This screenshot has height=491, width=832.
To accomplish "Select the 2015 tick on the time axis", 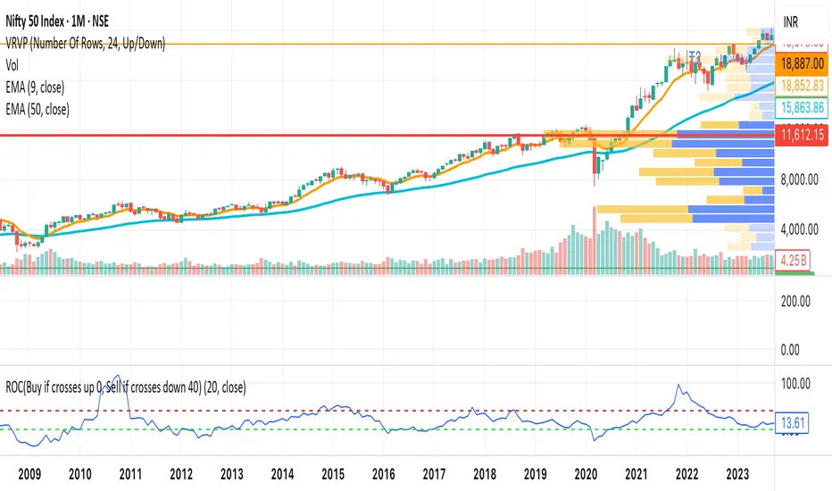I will (x=334, y=475).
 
